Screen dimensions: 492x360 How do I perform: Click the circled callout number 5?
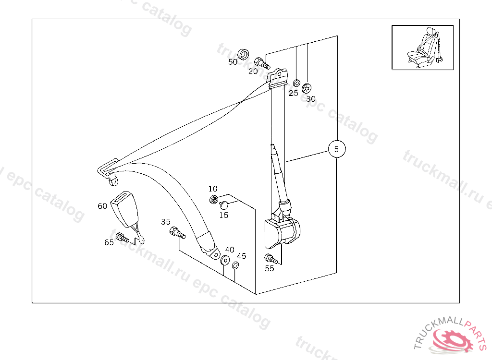point(337,149)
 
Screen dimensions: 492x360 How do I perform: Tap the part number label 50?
point(233,62)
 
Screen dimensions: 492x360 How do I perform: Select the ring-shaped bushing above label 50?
point(243,54)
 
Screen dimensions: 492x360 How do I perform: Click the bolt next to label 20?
point(262,63)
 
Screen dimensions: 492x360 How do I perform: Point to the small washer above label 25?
point(296,84)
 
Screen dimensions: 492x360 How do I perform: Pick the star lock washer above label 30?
point(307,88)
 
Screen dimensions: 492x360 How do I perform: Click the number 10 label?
point(213,189)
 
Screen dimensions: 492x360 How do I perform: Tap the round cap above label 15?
point(224,205)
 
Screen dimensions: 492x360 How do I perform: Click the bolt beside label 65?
point(122,238)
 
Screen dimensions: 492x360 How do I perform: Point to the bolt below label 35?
point(177,233)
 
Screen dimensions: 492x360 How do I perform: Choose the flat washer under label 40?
point(225,260)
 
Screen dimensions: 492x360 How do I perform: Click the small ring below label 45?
point(235,265)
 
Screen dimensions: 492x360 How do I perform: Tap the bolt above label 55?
point(271,259)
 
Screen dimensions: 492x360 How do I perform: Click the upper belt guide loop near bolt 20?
point(277,77)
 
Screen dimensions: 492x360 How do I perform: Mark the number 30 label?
point(311,99)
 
